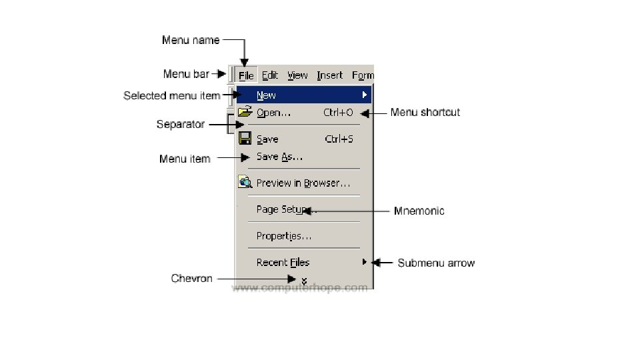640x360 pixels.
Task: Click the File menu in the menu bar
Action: click(246, 75)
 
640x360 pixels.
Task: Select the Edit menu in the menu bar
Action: click(270, 75)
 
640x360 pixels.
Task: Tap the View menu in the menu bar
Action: click(297, 75)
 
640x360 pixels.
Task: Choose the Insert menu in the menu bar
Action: click(329, 75)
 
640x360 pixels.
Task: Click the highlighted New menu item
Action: click(267, 95)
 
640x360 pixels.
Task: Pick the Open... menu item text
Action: click(273, 113)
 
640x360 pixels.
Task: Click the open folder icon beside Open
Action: click(245, 112)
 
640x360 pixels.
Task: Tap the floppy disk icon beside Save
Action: click(245, 139)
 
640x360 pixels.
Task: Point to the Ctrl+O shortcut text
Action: click(338, 113)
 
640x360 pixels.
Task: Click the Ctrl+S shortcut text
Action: click(339, 139)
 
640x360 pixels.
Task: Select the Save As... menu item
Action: click(279, 157)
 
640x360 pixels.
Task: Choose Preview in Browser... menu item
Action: click(303, 183)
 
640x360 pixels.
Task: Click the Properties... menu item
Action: click(283, 236)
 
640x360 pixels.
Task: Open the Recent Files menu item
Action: click(283, 263)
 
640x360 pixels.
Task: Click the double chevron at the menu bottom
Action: click(304, 281)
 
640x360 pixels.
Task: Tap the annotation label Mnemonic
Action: click(419, 211)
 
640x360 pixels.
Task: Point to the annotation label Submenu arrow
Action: click(436, 263)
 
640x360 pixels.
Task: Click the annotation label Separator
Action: click(180, 125)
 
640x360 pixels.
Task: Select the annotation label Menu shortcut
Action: click(425, 113)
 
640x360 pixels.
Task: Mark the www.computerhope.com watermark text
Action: click(299, 288)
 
